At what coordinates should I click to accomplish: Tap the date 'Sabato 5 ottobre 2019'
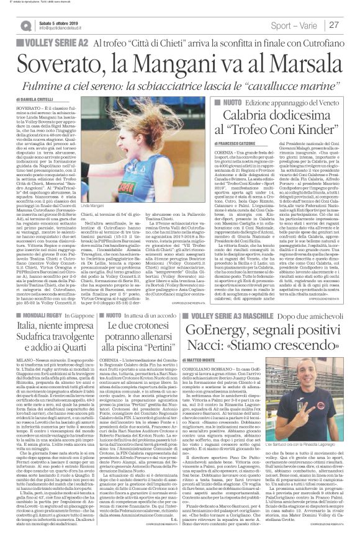click(60, 22)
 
